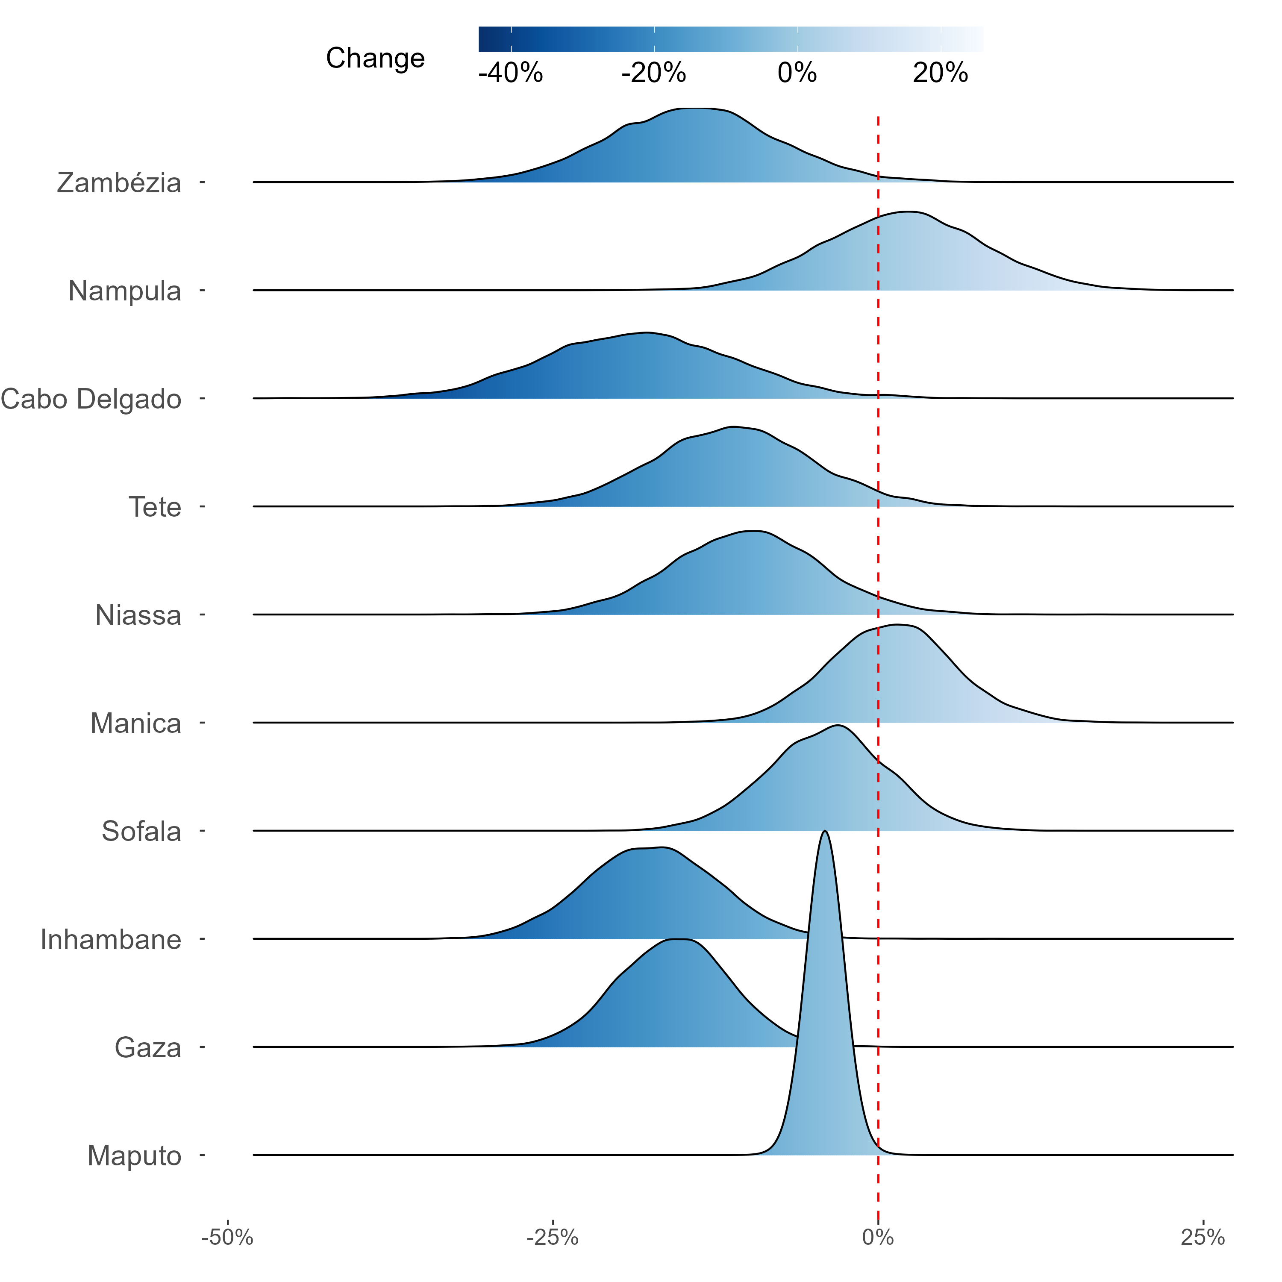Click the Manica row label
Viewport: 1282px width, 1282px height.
[x=135, y=724]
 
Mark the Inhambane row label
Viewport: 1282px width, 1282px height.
[x=111, y=940]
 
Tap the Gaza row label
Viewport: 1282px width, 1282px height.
[x=147, y=1048]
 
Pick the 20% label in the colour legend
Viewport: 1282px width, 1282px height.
[x=940, y=73]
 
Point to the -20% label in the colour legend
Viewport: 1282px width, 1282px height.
[x=654, y=73]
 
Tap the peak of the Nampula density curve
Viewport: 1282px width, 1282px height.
[x=906, y=212]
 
